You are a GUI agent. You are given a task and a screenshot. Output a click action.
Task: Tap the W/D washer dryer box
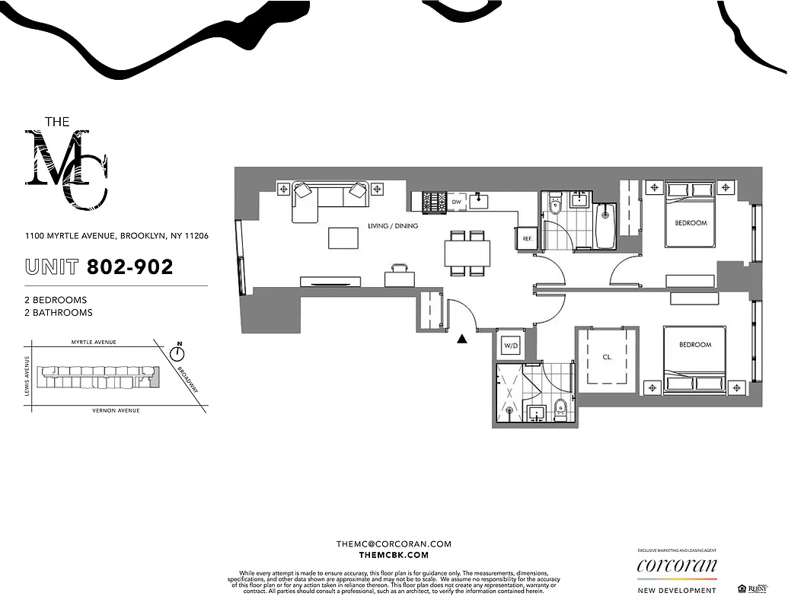pos(510,346)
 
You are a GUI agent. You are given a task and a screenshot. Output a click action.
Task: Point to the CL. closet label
pos(608,356)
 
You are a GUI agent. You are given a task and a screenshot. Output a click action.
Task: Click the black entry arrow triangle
pos(461,340)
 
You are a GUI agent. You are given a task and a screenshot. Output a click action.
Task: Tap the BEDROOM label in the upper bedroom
pos(691,223)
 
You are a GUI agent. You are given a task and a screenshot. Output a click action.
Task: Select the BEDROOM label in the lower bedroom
pos(694,345)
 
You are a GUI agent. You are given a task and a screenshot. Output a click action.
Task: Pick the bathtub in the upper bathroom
pos(606,226)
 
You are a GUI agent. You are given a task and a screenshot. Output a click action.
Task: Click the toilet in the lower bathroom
pos(561,408)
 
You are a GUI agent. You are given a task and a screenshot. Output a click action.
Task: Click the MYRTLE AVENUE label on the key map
pos(93,343)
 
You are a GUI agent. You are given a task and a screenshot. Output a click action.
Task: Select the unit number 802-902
pos(129,267)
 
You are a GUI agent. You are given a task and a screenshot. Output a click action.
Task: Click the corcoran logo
pos(677,566)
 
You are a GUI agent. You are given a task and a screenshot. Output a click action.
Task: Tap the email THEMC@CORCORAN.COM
pos(394,544)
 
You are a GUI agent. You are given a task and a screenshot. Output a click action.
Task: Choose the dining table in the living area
pos(467,252)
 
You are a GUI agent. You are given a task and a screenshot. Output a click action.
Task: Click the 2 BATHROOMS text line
pos(58,313)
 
